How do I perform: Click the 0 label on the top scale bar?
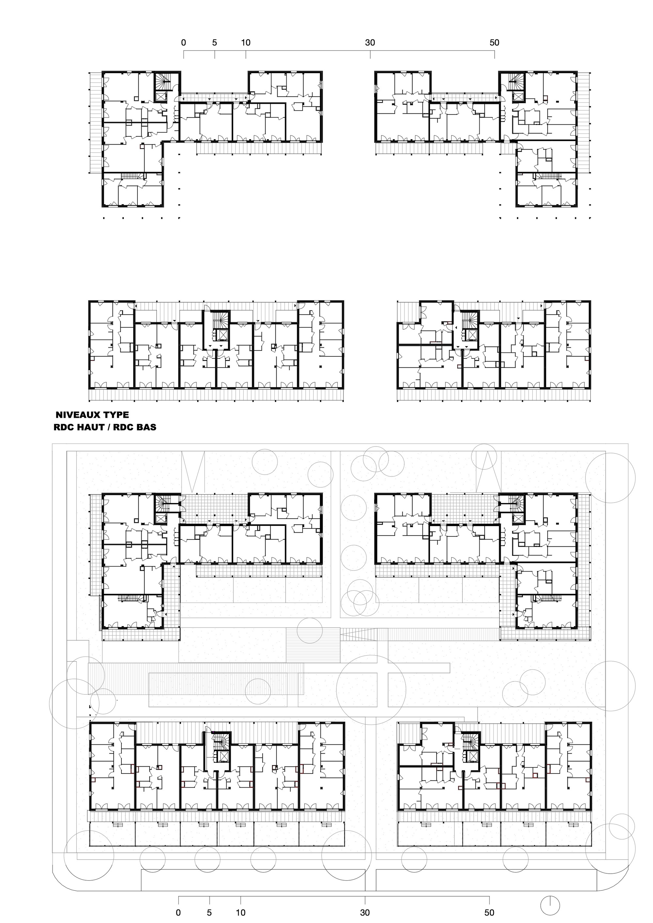pyautogui.click(x=184, y=43)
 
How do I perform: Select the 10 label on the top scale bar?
pyautogui.click(x=246, y=43)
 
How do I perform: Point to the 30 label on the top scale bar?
pyautogui.click(x=370, y=43)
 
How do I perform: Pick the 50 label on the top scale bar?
pyautogui.click(x=494, y=43)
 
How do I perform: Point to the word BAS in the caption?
pyautogui.click(x=146, y=427)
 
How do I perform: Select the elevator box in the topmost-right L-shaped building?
pyautogui.click(x=518, y=97)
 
